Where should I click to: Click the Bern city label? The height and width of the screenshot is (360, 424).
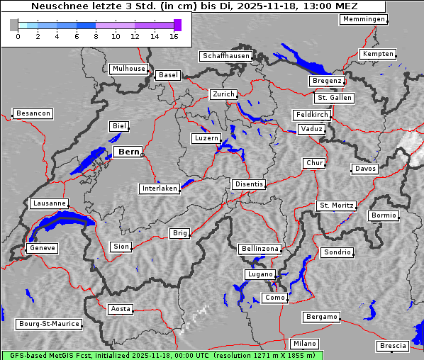[x=128, y=152]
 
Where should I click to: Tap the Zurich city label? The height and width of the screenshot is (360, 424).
[x=223, y=94]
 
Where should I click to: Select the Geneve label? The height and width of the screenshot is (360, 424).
[x=42, y=248]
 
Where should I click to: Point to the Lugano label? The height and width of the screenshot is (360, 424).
[x=260, y=274]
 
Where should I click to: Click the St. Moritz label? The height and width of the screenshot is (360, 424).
[x=336, y=206]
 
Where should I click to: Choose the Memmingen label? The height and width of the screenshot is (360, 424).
[x=364, y=19]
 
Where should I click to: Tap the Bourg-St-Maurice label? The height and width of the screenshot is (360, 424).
[x=49, y=324]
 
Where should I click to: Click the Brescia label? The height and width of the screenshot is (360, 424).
[x=393, y=346]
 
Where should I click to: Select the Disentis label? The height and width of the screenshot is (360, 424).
[x=249, y=184]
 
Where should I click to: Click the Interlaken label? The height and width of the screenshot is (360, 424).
[x=160, y=189]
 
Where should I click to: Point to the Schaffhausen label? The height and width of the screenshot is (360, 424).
[x=225, y=55]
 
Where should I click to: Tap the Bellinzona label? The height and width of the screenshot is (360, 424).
[x=260, y=249]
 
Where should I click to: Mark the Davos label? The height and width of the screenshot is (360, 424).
[x=365, y=169]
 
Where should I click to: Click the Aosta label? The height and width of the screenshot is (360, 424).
[x=121, y=309]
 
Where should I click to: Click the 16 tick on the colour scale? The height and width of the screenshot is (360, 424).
[x=174, y=36]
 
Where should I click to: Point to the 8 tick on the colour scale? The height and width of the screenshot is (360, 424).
[x=96, y=36]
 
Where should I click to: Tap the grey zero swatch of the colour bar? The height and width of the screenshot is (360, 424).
[x=14, y=25]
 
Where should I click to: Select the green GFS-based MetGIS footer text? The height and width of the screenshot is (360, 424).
[x=162, y=355]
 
